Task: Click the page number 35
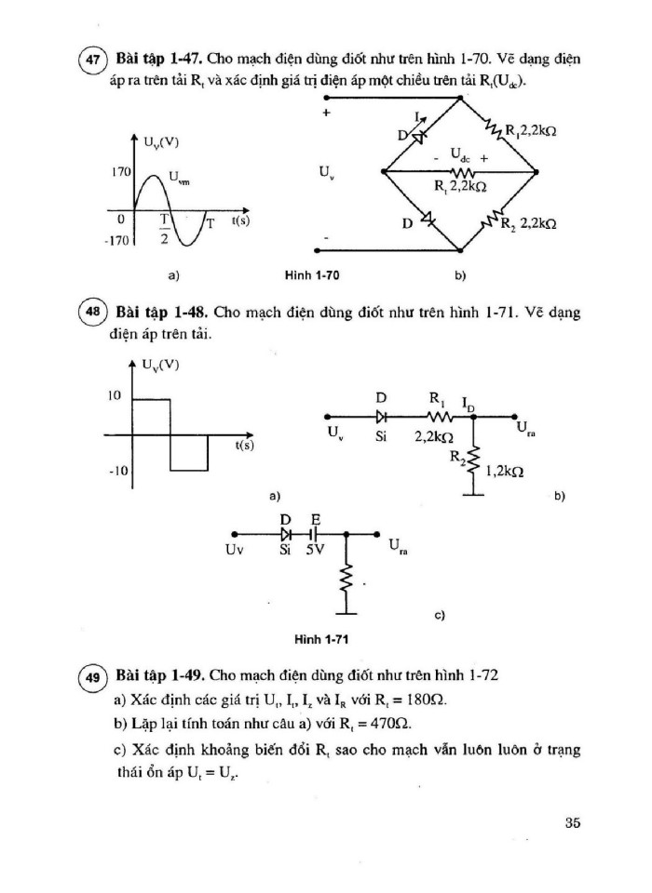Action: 572,822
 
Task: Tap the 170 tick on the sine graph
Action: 120,173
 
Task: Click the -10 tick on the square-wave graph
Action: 116,472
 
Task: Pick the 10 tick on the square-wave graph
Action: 115,396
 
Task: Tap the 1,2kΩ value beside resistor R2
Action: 504,473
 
